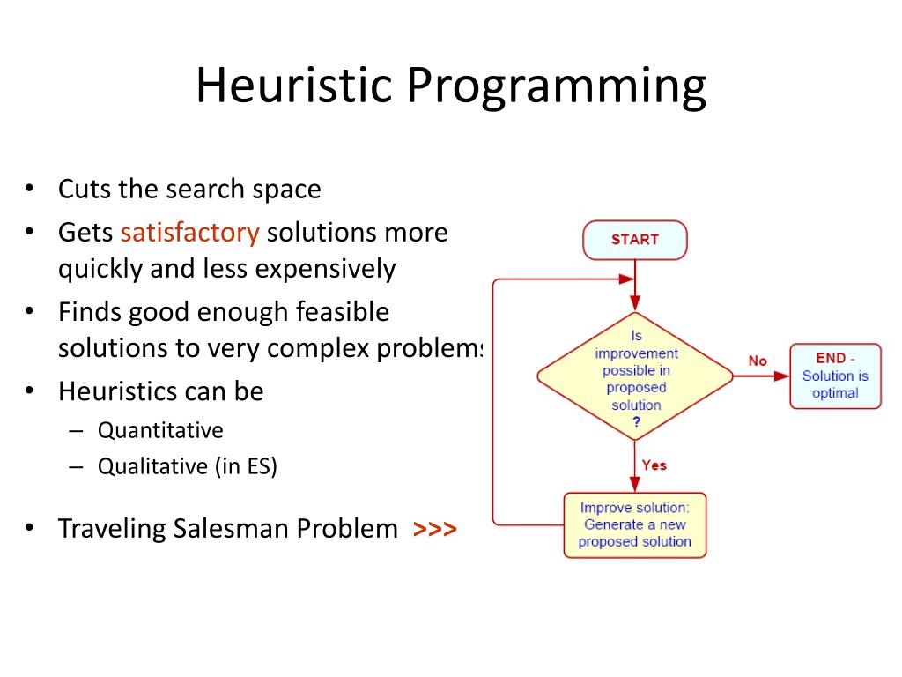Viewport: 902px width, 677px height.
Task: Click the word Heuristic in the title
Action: pyautogui.click(x=293, y=86)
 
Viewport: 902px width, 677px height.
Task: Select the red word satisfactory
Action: pyautogui.click(x=190, y=233)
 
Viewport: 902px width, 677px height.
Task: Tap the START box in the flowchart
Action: pyautogui.click(x=634, y=240)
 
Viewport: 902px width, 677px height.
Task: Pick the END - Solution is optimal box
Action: pyautogui.click(x=835, y=376)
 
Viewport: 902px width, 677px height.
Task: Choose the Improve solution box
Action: pyautogui.click(x=634, y=524)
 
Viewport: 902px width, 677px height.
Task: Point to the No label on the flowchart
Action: pyautogui.click(x=758, y=361)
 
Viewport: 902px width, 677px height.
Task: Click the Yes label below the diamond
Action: pyautogui.click(x=654, y=465)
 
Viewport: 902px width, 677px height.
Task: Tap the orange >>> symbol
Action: pyautogui.click(x=434, y=529)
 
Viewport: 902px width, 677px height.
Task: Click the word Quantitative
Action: pyautogui.click(x=160, y=430)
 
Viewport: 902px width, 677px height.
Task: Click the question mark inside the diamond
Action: pyautogui.click(x=636, y=421)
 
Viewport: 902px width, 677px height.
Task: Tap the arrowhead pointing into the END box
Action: pyautogui.click(x=782, y=376)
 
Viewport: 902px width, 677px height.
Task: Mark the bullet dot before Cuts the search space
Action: pyautogui.click(x=29, y=189)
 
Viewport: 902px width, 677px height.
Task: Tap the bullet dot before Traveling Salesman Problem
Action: pyautogui.click(x=29, y=529)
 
